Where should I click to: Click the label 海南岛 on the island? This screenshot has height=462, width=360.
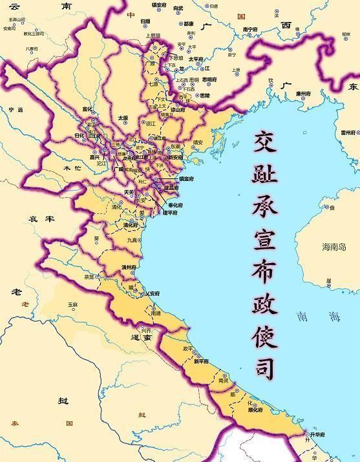(335, 247)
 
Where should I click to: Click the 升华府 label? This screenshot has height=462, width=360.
(319, 436)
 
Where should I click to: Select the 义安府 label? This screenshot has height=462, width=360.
(152, 294)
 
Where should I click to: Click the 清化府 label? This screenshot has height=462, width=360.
(130, 225)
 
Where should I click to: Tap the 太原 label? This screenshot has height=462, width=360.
(123, 118)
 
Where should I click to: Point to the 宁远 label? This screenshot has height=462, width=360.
(16, 110)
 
